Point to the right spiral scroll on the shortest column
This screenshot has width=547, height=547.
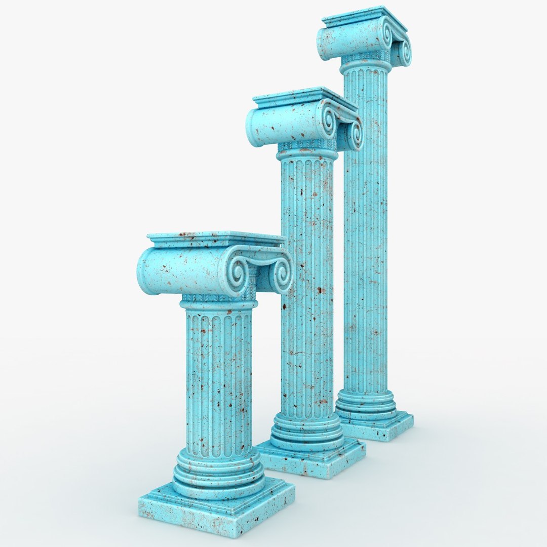(x=280, y=273)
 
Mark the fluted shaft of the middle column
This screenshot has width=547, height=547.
(x=307, y=284)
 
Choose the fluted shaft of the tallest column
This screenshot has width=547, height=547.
(x=365, y=228)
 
